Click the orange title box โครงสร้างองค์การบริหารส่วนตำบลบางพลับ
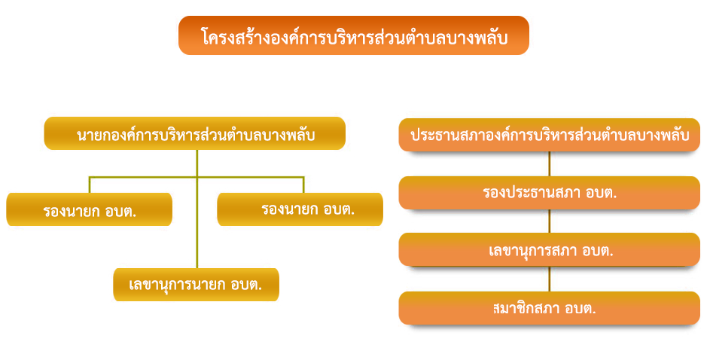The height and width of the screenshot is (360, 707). pos(354,35)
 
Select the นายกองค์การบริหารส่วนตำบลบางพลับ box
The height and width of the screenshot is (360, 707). pos(195,133)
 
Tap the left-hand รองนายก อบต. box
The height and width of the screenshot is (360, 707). pos(90,209)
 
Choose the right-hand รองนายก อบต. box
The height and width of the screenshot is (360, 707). pos(300,209)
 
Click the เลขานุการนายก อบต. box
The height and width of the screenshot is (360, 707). pos(197,285)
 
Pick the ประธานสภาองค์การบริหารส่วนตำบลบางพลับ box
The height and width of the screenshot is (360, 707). pos(549,135)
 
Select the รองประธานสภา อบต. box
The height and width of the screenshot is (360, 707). pos(549,193)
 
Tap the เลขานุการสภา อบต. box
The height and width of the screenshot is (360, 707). pos(549,249)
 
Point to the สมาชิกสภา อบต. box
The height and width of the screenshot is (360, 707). pos(549,308)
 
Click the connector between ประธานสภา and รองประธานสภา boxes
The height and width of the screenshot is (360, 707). pos(549,163)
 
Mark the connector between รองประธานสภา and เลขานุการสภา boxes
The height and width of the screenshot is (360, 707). pos(549,221)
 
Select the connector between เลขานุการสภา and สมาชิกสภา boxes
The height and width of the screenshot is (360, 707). pos(549,279)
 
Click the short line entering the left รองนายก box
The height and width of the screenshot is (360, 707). pos(90,185)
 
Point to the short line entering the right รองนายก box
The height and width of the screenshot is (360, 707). pos(303,185)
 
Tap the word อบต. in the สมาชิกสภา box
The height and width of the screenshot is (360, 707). pos(582,309)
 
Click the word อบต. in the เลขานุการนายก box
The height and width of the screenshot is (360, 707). pos(247,285)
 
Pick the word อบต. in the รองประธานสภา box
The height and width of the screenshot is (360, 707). pos(602,193)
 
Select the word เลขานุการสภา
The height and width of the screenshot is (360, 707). pos(530,251)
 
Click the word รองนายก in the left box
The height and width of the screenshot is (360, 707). pos(72,211)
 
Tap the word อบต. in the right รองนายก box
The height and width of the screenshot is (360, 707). pos(339,209)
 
